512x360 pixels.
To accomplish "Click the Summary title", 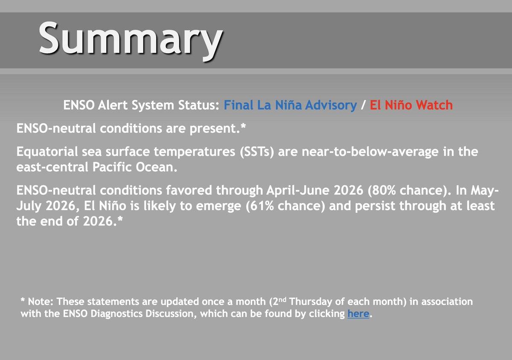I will coord(130,39).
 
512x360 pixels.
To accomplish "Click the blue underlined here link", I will coord(358,314).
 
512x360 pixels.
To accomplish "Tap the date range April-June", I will coord(298,190).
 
